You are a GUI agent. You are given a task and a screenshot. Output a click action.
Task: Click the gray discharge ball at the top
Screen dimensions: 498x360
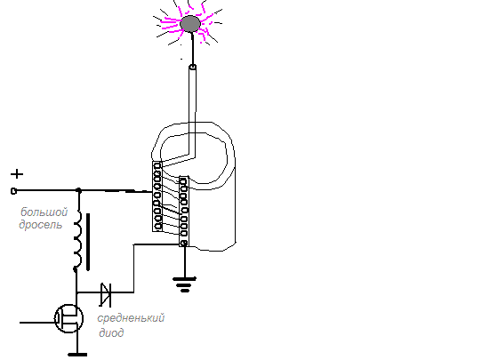(x=190, y=24)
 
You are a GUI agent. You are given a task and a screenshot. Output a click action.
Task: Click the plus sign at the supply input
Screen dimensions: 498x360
(x=17, y=174)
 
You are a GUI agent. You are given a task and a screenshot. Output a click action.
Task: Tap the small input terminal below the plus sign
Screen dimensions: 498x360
(x=13, y=191)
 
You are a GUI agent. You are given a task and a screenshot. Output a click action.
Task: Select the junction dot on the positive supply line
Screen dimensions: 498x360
(x=79, y=190)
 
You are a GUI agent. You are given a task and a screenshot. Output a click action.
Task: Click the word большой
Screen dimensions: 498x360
(x=44, y=212)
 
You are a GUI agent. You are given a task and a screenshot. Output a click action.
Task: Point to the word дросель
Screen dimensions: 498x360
(x=40, y=225)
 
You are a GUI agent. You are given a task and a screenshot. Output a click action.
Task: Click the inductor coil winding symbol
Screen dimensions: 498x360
(x=77, y=242)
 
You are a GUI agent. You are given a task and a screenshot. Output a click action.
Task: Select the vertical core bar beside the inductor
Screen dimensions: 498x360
(x=88, y=242)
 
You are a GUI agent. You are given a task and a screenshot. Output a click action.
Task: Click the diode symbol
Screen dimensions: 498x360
(x=106, y=294)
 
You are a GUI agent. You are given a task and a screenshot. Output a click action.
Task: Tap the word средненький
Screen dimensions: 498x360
(x=131, y=318)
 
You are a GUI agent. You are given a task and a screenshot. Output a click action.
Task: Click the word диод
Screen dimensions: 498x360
(x=111, y=332)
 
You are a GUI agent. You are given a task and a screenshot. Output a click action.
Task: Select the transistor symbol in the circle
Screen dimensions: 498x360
(x=69, y=318)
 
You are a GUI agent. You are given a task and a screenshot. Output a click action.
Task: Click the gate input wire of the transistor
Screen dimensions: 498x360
(x=37, y=323)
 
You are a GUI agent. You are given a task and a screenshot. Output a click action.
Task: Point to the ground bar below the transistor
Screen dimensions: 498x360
(x=77, y=355)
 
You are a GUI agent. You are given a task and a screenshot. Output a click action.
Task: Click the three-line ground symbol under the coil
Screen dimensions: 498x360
(x=185, y=284)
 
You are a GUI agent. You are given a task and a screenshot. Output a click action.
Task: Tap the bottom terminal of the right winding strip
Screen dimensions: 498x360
(x=183, y=244)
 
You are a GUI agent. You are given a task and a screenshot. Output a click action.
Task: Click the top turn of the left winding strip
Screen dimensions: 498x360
(x=157, y=165)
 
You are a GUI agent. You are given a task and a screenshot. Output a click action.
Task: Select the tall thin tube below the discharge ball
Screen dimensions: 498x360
(x=192, y=111)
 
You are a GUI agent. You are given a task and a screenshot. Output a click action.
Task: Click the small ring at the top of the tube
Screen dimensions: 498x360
(x=192, y=67)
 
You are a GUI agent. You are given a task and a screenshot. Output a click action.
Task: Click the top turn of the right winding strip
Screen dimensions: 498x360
(x=183, y=181)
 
